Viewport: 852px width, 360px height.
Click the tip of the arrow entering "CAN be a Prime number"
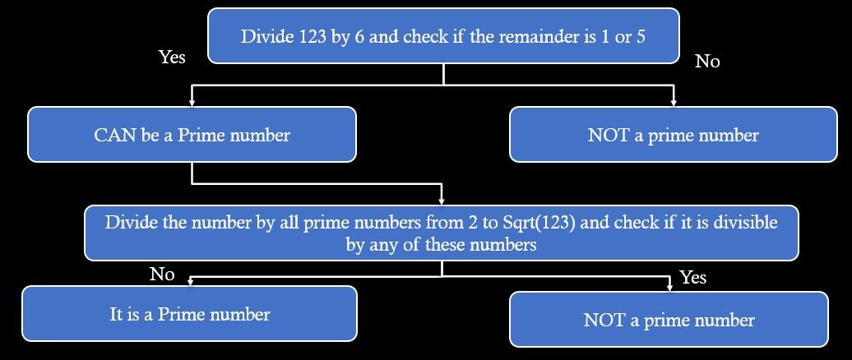[x=192, y=106]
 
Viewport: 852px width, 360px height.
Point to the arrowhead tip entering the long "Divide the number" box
[x=441, y=205]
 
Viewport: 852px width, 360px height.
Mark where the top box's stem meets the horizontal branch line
[x=443, y=85]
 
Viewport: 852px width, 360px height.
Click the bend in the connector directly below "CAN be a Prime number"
[x=192, y=183]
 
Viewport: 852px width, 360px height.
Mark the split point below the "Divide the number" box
[x=441, y=276]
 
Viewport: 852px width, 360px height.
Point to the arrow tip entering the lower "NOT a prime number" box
[x=669, y=291]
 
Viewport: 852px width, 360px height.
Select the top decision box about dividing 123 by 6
[x=443, y=36]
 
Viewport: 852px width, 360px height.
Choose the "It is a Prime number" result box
[x=190, y=313]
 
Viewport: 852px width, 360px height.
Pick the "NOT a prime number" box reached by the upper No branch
[x=674, y=134]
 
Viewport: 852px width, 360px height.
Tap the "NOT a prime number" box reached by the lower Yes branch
[x=669, y=319]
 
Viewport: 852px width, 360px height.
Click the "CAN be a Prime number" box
[x=192, y=134]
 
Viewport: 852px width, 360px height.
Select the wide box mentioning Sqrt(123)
[x=441, y=233]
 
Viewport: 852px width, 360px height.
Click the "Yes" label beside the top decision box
[x=172, y=57]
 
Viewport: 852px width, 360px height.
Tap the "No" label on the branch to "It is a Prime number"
[x=162, y=275]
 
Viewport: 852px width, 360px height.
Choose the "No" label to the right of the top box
[x=707, y=62]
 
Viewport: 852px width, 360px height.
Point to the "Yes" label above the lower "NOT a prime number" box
[x=693, y=278]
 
